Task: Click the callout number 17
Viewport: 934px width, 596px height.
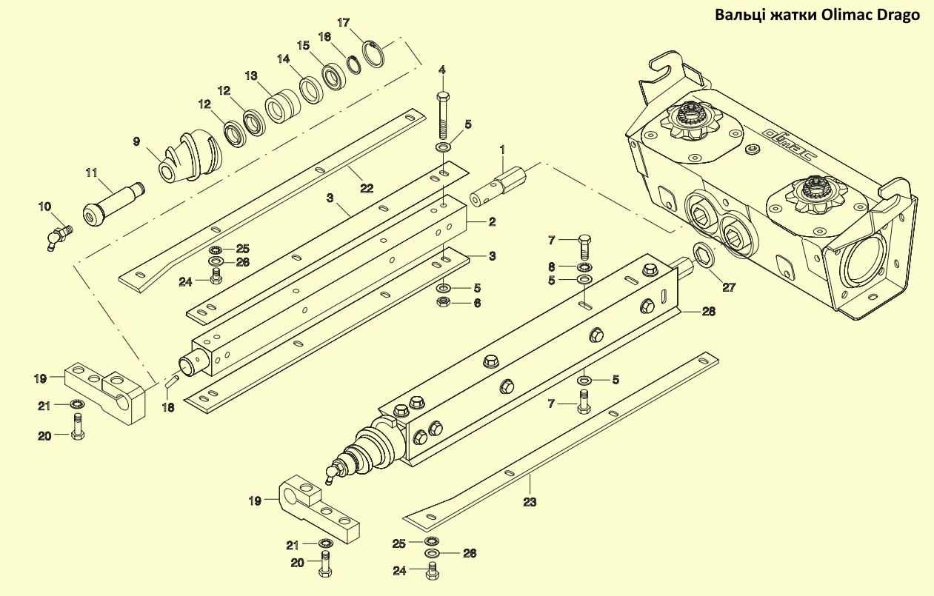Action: click(343, 22)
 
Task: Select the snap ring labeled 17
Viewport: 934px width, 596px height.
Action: click(373, 54)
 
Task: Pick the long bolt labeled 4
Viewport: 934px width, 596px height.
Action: click(442, 115)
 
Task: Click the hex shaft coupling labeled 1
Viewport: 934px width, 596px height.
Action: click(498, 185)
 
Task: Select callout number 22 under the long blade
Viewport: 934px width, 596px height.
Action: click(367, 188)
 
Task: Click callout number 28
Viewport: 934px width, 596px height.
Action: click(708, 312)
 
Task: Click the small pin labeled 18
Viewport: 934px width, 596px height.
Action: click(172, 381)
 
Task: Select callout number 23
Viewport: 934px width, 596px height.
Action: click(530, 502)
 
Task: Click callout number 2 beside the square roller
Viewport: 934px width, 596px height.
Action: click(492, 221)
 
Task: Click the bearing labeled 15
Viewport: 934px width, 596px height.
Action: click(334, 76)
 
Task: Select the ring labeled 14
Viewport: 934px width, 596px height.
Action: click(310, 90)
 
